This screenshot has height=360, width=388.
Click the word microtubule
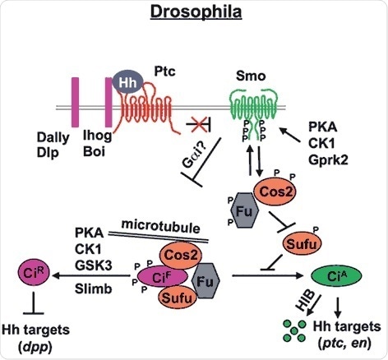click(x=164, y=226)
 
